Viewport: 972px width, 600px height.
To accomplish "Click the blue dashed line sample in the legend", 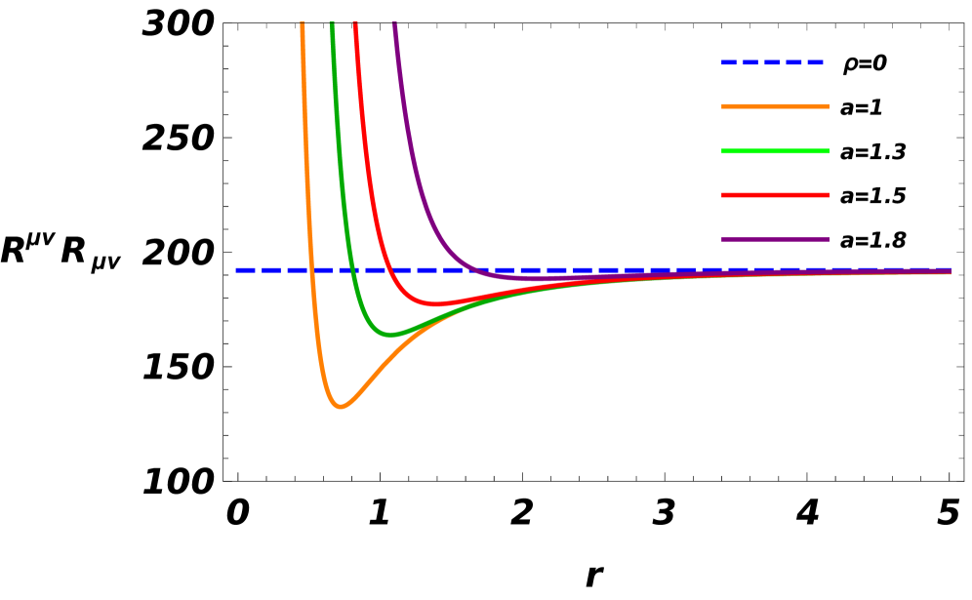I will click(x=772, y=62).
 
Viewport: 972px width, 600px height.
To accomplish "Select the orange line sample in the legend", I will click(x=775, y=106).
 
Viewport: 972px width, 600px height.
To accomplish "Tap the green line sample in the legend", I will click(x=775, y=151).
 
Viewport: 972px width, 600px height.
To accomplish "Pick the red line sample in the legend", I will click(x=775, y=195).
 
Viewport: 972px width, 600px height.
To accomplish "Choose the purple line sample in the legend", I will click(x=775, y=239).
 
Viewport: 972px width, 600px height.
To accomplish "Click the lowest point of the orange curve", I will click(x=340, y=406).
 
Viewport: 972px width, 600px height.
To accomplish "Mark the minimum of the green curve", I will click(x=390, y=335).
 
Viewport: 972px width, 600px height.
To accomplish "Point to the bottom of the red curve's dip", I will click(x=438, y=304).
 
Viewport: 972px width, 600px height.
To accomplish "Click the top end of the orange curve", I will click(x=303, y=24).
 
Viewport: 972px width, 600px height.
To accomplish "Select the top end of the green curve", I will click(x=332, y=24).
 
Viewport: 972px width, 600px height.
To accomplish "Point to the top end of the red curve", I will click(x=355, y=24).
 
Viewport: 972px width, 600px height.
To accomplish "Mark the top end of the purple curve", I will click(x=394, y=24).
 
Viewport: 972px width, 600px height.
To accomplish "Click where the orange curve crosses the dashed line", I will click(x=311, y=269).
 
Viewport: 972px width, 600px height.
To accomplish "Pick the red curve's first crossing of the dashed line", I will click(x=387, y=269).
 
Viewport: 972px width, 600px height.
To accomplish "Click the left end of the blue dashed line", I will click(x=237, y=269).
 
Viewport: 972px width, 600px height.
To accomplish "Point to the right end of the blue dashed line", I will click(x=950, y=269).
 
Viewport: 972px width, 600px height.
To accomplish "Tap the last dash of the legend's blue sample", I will click(x=814, y=62).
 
